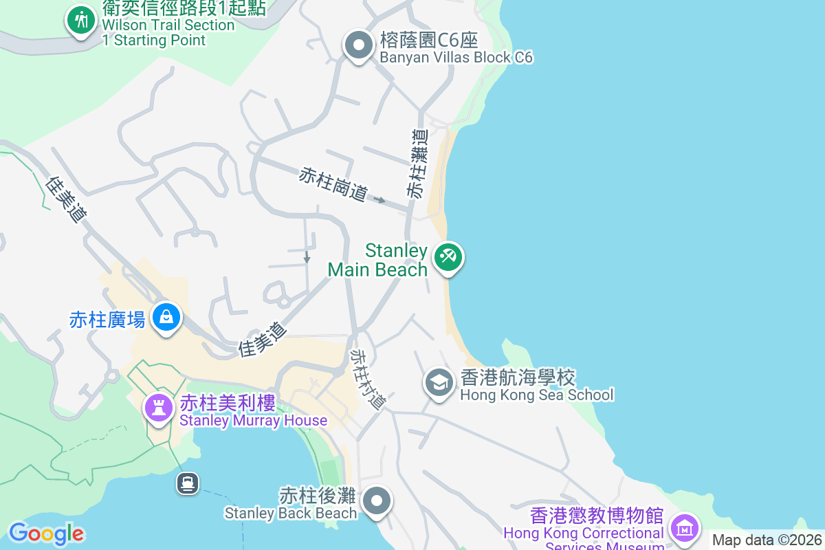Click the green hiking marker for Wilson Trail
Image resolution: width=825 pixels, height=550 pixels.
[82, 20]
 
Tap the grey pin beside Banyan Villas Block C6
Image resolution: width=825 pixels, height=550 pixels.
[357, 45]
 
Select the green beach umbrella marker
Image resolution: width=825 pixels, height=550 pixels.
[448, 258]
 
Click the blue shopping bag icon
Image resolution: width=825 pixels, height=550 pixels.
[166, 317]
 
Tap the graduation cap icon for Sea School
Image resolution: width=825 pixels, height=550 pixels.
[439, 382]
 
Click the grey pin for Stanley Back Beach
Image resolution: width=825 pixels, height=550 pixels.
[377, 501]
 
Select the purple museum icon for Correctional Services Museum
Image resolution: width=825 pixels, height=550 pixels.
[684, 528]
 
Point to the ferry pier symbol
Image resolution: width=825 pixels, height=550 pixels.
[187, 483]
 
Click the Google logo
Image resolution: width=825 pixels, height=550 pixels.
[46, 533]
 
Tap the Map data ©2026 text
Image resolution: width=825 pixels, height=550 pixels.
[767, 540]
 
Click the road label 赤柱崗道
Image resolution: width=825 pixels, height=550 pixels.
[333, 184]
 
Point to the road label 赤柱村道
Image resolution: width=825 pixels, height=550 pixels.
[368, 379]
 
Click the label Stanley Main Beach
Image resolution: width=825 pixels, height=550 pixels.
[377, 260]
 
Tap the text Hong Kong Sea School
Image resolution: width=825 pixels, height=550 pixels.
[536, 395]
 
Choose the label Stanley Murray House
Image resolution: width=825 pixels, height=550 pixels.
[253, 420]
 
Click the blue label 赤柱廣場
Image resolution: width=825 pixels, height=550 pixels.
[107, 319]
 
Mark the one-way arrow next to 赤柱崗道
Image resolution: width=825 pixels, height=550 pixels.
[379, 200]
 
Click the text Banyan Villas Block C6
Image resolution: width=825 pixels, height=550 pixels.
[456, 57]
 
